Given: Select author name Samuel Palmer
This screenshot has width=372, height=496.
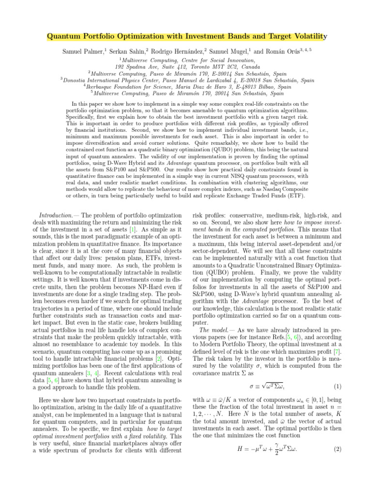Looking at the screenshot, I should (x=84, y=51).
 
